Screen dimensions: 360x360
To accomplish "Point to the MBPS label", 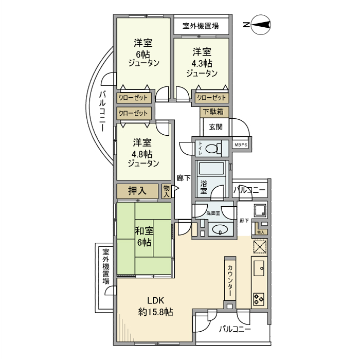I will (241, 145).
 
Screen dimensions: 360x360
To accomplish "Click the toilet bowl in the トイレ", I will (211, 149).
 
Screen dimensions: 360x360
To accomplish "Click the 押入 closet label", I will (136, 191).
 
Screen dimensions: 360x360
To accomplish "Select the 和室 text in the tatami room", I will (143, 231).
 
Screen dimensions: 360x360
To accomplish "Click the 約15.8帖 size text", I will (155, 312).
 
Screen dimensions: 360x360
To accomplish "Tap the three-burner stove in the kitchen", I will (258, 298).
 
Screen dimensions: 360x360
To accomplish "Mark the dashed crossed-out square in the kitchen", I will (260, 247).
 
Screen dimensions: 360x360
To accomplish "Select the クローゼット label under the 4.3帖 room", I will (211, 98).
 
